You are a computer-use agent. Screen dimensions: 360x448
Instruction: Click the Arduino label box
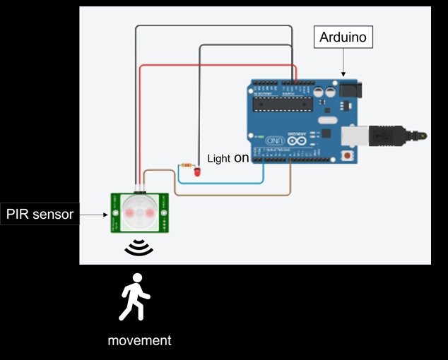point(343,37)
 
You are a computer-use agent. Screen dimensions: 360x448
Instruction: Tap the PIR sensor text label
point(40,214)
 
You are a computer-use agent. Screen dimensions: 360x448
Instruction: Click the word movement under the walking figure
point(139,340)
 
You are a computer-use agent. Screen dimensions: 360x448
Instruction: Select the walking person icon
point(135,296)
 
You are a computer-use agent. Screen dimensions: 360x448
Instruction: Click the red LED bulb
point(196,172)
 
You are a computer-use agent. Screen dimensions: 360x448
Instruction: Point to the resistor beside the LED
point(187,165)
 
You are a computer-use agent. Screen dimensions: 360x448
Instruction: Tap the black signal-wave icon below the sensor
point(139,247)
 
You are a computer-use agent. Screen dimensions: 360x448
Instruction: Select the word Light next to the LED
point(218,159)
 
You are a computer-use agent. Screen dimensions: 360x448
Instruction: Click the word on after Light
point(242,158)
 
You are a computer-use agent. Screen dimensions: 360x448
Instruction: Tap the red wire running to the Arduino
point(212,66)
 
